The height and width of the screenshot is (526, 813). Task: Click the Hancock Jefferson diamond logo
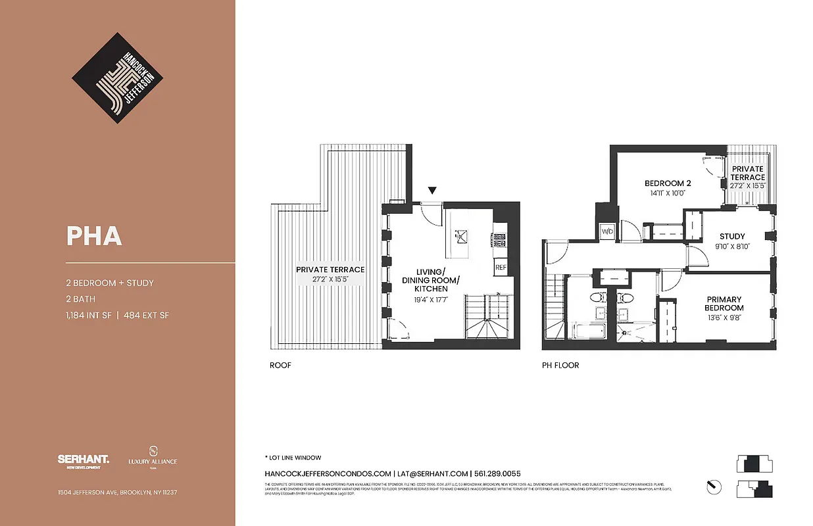(117, 79)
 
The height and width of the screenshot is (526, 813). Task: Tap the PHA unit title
(94, 236)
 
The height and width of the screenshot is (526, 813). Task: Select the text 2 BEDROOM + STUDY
(110, 283)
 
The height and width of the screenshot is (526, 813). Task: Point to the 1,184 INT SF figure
(87, 316)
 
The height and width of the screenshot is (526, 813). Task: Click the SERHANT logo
(83, 461)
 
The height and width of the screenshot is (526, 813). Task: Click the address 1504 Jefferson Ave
(117, 492)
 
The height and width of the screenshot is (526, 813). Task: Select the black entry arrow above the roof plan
(431, 191)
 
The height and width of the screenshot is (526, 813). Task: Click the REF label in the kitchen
(501, 268)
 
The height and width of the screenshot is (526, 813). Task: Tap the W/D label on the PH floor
(606, 231)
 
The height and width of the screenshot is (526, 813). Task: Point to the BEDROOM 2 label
(668, 183)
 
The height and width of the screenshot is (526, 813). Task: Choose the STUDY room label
(732, 237)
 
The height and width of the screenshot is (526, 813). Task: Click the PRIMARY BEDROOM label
(724, 304)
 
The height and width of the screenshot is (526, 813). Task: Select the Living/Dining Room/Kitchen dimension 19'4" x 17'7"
(431, 300)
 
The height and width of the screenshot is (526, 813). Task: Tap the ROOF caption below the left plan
(280, 366)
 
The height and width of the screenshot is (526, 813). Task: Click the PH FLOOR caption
(560, 366)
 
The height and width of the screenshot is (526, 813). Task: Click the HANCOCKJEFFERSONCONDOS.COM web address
(328, 473)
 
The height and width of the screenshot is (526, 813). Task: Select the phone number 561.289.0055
(497, 473)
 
